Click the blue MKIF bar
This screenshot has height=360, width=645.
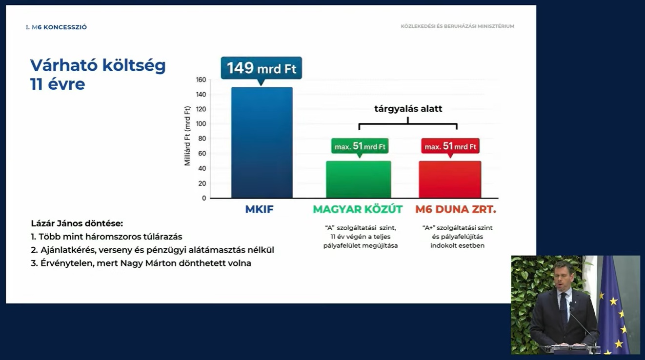coord(262,142)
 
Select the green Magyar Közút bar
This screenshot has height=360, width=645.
coord(359,180)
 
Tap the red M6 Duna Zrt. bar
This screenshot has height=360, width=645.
coord(450,180)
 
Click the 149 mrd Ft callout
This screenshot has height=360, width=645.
coord(262,68)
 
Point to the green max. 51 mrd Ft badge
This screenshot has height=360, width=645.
coord(360,146)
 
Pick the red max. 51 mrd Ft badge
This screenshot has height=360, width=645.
coord(450,146)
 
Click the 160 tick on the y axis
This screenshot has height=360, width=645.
coord(201,80)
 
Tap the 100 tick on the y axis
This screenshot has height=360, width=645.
coord(201,124)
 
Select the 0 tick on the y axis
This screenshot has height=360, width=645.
coord(204,198)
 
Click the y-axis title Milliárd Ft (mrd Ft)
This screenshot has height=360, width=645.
coord(187,136)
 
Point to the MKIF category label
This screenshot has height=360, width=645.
coord(259,209)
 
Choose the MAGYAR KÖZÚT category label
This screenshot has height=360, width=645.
coord(358,209)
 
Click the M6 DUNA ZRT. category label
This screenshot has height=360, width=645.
coord(456,209)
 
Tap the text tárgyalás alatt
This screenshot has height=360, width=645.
coord(408,109)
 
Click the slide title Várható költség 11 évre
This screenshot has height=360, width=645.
coord(98,75)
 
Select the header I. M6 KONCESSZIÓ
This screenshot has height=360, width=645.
coord(57,27)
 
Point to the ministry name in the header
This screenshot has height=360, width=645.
coord(457,26)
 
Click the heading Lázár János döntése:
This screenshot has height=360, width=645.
coord(77,223)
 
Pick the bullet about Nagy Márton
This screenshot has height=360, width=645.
coord(141,263)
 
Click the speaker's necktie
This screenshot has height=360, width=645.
coord(564,308)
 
